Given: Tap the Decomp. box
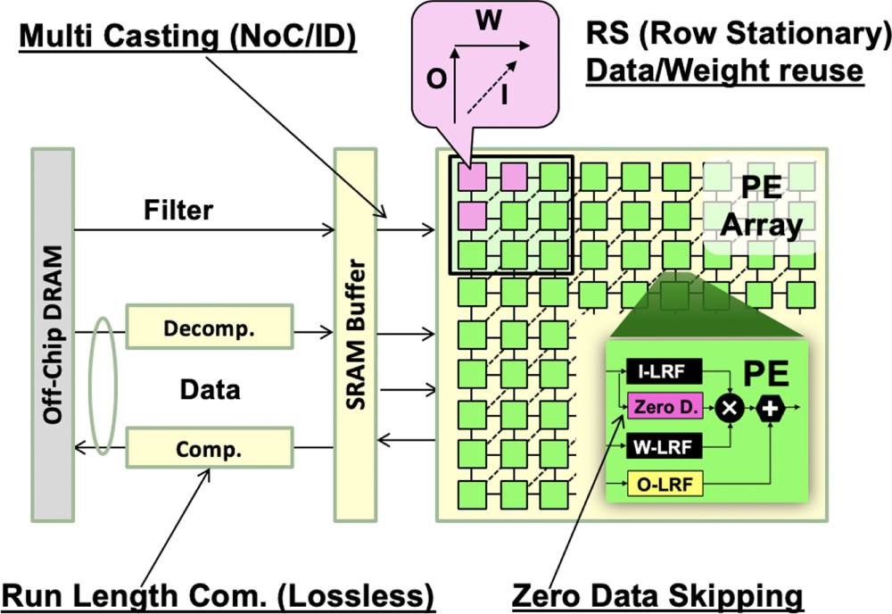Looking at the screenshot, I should [210, 327].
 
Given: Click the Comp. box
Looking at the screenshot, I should [210, 450].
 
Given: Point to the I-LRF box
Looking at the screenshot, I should [664, 370].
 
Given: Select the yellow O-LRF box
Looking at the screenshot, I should [664, 485].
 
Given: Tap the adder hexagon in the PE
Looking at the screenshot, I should [768, 407].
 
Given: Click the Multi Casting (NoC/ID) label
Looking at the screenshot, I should [187, 38].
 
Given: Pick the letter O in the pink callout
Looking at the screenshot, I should [435, 79].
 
